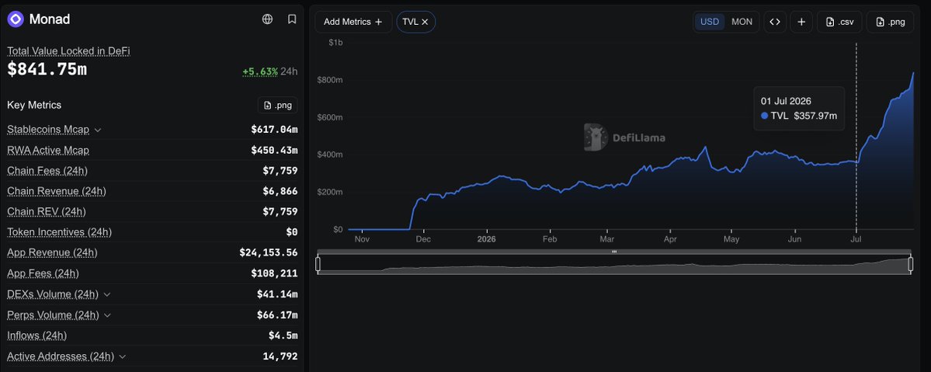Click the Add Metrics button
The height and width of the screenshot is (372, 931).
click(x=353, y=22)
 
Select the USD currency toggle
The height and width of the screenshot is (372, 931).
click(x=710, y=22)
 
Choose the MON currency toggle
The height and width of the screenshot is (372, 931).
click(x=742, y=22)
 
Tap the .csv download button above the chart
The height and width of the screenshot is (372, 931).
click(x=839, y=22)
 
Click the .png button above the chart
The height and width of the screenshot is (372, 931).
click(x=890, y=22)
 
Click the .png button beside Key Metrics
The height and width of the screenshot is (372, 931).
click(x=278, y=105)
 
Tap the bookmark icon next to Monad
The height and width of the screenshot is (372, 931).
click(x=291, y=19)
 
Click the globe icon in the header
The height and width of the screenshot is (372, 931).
click(x=267, y=19)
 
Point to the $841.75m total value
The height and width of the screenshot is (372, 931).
click(x=47, y=70)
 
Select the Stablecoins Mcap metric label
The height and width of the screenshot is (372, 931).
click(x=48, y=130)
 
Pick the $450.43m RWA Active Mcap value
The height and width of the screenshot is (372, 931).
click(x=274, y=151)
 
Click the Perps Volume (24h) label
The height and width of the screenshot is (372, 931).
click(x=53, y=315)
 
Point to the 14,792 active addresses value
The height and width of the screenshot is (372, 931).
click(x=280, y=356)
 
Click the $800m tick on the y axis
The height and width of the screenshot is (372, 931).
click(x=330, y=80)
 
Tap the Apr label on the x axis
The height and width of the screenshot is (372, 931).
click(x=670, y=239)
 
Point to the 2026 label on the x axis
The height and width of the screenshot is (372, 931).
click(x=486, y=239)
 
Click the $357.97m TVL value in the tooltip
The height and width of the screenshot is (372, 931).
click(x=815, y=116)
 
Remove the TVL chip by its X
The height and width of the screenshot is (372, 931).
click(x=425, y=22)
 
